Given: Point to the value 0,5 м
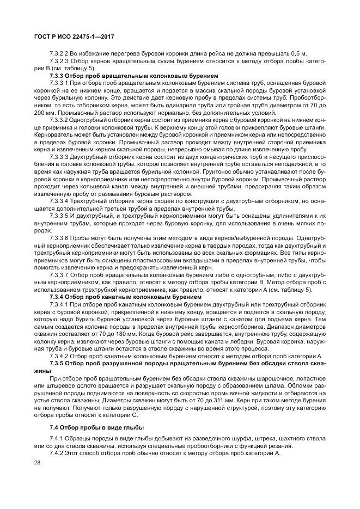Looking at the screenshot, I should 298,53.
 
